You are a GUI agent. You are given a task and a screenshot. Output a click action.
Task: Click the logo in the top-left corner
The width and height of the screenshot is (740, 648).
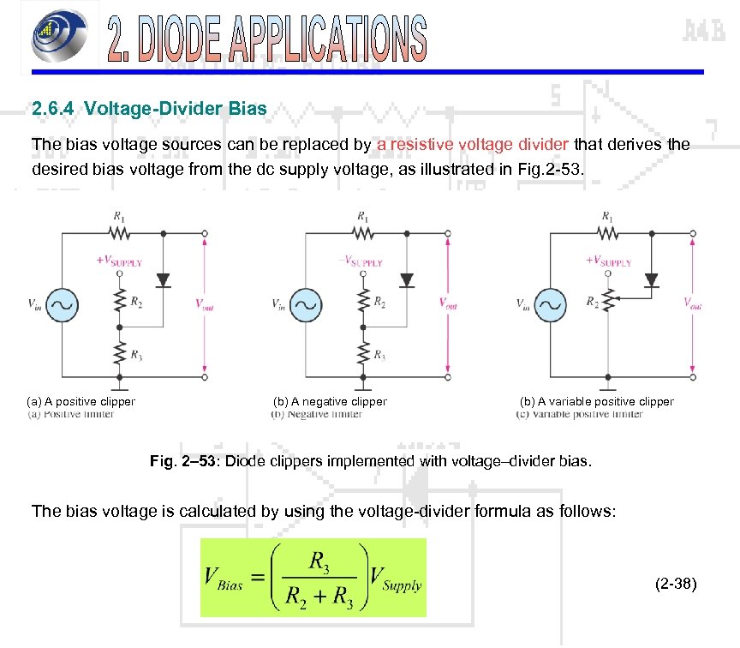pyautogui.click(x=57, y=38)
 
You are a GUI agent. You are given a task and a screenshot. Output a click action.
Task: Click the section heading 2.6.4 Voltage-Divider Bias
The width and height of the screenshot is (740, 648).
pyautogui.click(x=149, y=110)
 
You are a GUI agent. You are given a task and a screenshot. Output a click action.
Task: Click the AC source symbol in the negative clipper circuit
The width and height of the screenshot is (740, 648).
pyautogui.click(x=307, y=303)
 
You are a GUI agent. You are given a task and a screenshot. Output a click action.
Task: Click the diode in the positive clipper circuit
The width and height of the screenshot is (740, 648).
pyautogui.click(x=163, y=280)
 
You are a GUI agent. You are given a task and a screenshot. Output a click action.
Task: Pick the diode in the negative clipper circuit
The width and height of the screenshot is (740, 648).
pyautogui.click(x=407, y=280)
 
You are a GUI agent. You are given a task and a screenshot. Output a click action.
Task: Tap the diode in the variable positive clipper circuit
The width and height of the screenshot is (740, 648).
pyautogui.click(x=651, y=280)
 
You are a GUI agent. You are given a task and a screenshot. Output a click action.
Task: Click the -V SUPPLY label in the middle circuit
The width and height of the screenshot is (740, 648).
pyautogui.click(x=360, y=262)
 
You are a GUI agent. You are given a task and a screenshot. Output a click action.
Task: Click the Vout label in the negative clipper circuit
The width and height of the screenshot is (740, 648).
pyautogui.click(x=447, y=303)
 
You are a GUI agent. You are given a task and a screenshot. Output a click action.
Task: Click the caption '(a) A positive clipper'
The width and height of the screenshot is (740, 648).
pyautogui.click(x=81, y=401)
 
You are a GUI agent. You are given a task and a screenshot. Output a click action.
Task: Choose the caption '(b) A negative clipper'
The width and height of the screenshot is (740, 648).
pyautogui.click(x=329, y=401)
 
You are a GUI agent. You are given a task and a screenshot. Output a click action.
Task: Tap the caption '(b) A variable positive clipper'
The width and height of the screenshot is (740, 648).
pyautogui.click(x=596, y=401)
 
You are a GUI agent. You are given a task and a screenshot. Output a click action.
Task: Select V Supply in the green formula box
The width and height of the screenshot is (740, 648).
pyautogui.click(x=396, y=579)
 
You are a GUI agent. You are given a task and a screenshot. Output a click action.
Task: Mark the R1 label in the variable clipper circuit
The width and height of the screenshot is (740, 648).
pyautogui.click(x=607, y=217)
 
